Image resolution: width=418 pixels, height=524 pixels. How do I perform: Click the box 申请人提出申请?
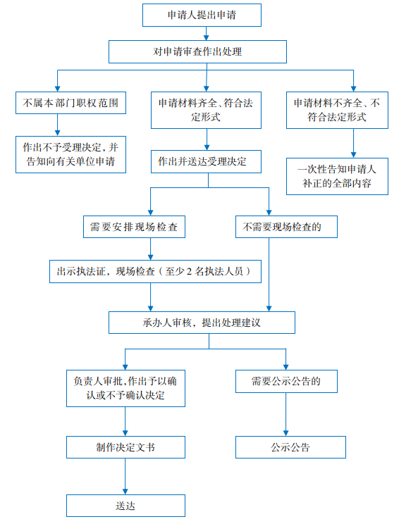202,15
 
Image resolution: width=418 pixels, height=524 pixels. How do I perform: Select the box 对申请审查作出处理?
197,52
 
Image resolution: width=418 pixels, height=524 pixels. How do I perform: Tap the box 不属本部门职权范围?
71,103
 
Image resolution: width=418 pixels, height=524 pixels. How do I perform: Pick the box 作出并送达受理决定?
206,161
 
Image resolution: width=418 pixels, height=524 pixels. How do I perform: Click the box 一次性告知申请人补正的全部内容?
337,177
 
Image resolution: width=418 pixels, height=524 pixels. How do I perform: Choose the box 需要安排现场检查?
134,227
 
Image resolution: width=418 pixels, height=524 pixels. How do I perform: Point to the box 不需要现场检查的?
286,227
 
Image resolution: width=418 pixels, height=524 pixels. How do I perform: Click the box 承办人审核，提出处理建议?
202,323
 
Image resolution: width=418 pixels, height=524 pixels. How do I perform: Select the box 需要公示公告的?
286,381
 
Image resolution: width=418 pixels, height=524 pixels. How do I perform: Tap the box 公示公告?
290,447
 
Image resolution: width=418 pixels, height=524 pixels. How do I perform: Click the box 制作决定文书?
125,447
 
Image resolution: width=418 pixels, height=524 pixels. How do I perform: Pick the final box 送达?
125,506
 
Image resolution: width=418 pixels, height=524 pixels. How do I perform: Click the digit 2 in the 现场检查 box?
189,272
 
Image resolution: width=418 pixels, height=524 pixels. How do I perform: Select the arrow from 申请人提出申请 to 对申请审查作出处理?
207,33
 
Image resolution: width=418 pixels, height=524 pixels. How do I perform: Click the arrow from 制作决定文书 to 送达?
125,476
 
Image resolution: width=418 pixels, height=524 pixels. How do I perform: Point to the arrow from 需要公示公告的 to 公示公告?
286,414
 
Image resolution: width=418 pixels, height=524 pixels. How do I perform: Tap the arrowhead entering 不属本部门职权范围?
58,89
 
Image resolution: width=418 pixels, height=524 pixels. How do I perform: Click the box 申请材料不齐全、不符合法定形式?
337,111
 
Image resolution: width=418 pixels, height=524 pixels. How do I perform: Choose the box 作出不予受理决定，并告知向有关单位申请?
71,154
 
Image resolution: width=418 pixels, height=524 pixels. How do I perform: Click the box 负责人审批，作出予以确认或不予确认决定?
125,388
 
